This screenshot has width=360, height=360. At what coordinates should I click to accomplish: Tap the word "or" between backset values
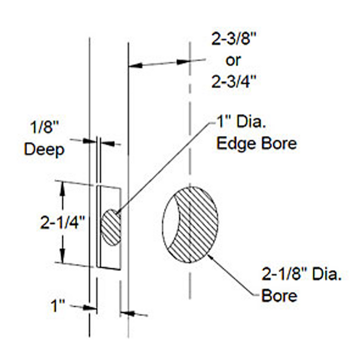point(233,61)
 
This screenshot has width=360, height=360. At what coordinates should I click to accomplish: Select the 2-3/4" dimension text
point(234,81)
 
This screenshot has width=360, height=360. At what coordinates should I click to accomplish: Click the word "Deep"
point(44,149)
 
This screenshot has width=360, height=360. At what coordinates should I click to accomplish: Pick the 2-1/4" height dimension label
point(63,222)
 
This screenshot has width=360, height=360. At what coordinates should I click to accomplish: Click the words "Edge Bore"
point(256,144)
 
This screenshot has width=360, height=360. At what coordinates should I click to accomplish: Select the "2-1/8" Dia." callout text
point(301,274)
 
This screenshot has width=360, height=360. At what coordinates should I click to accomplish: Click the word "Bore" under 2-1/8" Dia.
point(279,296)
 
